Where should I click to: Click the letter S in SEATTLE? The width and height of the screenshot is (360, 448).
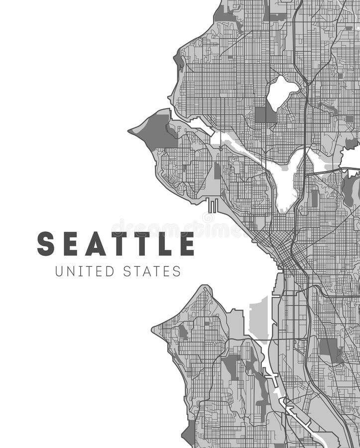[x=46, y=244]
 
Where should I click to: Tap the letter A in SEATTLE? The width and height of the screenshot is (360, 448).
[x=95, y=244]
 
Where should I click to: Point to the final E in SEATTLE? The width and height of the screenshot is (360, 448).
[x=187, y=244]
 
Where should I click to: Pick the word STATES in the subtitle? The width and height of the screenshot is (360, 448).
[x=150, y=271]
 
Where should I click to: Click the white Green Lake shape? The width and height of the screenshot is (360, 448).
[x=281, y=91]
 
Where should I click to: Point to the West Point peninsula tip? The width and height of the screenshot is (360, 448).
[x=130, y=131]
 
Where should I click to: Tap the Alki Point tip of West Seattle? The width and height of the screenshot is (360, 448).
[x=153, y=329]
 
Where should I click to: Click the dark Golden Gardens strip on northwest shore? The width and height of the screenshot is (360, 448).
[x=179, y=62]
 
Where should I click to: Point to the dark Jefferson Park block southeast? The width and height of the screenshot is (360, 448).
[x=329, y=349]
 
